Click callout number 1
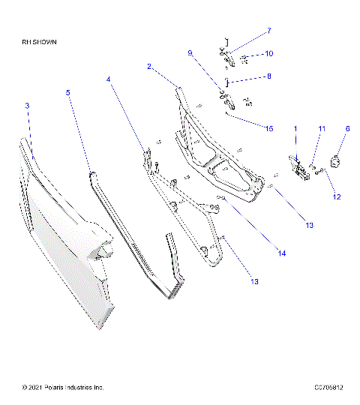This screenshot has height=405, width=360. click(295, 129)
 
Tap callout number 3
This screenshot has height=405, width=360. click(27, 106)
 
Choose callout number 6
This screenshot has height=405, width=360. click(347, 129)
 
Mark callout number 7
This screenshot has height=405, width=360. click(268, 31)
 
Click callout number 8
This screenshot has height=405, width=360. click(269, 76)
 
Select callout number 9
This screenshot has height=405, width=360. click(190, 53)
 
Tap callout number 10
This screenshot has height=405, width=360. click(268, 54)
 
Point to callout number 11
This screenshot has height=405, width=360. click(321, 130)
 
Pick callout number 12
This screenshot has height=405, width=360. click(337, 197)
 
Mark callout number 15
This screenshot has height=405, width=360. click(268, 128)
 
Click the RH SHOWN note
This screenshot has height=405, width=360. click(40, 43)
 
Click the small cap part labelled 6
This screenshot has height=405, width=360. click(335, 160)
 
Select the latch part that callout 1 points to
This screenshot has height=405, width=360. click(301, 168)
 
